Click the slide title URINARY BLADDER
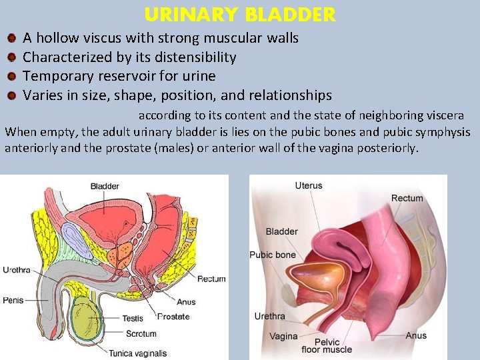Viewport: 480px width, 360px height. click(x=239, y=15)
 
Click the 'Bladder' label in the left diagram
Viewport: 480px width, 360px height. click(x=105, y=186)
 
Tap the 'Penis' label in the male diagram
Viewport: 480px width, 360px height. click(x=13, y=300)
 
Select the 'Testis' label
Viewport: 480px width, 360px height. click(x=132, y=319)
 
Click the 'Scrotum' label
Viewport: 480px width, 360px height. click(x=141, y=334)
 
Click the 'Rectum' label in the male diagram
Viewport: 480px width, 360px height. click(x=211, y=279)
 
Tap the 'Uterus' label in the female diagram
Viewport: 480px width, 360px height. click(x=308, y=185)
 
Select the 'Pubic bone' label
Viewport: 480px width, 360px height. click(x=272, y=255)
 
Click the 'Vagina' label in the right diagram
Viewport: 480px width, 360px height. click(x=283, y=336)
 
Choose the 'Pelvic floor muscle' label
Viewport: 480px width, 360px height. click(x=326, y=345)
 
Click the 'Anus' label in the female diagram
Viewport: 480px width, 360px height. click(x=416, y=335)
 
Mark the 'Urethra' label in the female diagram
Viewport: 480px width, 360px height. click(x=269, y=316)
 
